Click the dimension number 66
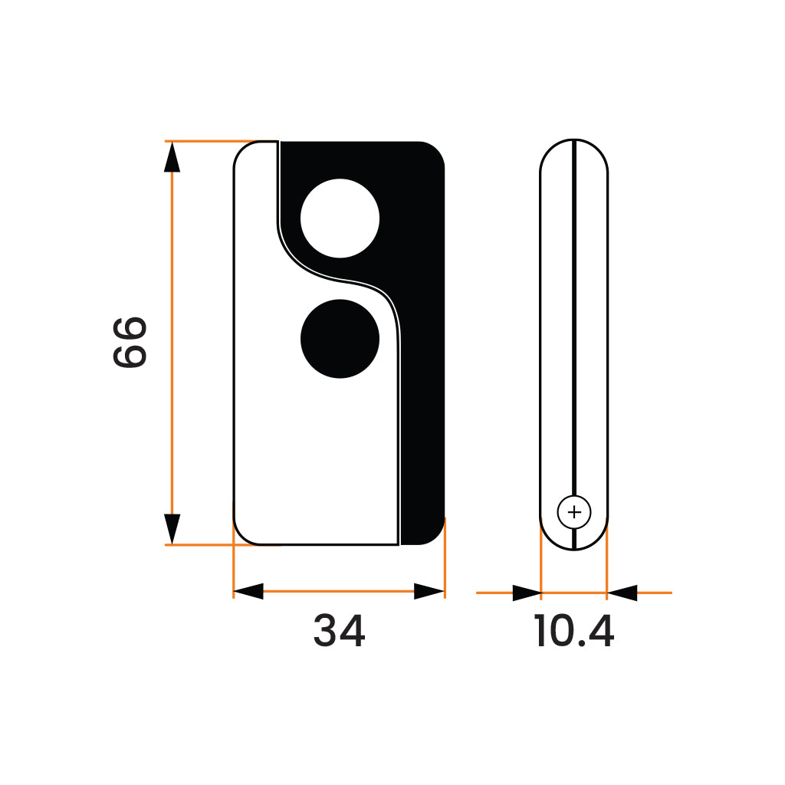coord(130,342)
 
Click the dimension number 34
coord(340,631)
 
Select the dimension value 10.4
coord(573,631)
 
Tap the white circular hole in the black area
coord(340,218)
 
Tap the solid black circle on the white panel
coord(340,339)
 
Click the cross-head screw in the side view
coord(574,512)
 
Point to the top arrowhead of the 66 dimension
coord(172,156)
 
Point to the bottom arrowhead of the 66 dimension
coord(172,529)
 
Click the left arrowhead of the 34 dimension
coord(248,591)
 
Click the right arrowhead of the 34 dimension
coord(429,591)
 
